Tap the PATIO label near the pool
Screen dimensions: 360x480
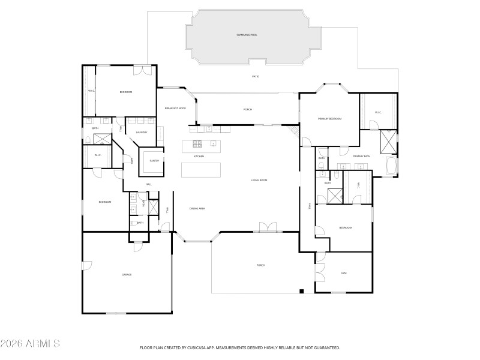tap(255, 77)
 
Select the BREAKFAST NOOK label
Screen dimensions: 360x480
tap(175, 109)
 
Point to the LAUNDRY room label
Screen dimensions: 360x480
tap(142, 132)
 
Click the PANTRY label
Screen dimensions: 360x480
tap(154, 161)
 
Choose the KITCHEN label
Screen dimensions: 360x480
tap(199, 156)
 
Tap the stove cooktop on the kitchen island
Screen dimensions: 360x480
tap(196, 144)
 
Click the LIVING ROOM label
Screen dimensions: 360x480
tap(259, 180)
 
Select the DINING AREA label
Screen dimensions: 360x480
tap(197, 208)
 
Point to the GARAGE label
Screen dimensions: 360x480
tap(127, 274)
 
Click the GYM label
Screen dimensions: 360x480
tap(344, 273)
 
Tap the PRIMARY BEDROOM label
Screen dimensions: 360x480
tap(329, 119)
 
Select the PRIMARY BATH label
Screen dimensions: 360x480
tap(362, 156)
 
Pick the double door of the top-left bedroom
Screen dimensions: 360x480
tap(142, 69)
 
